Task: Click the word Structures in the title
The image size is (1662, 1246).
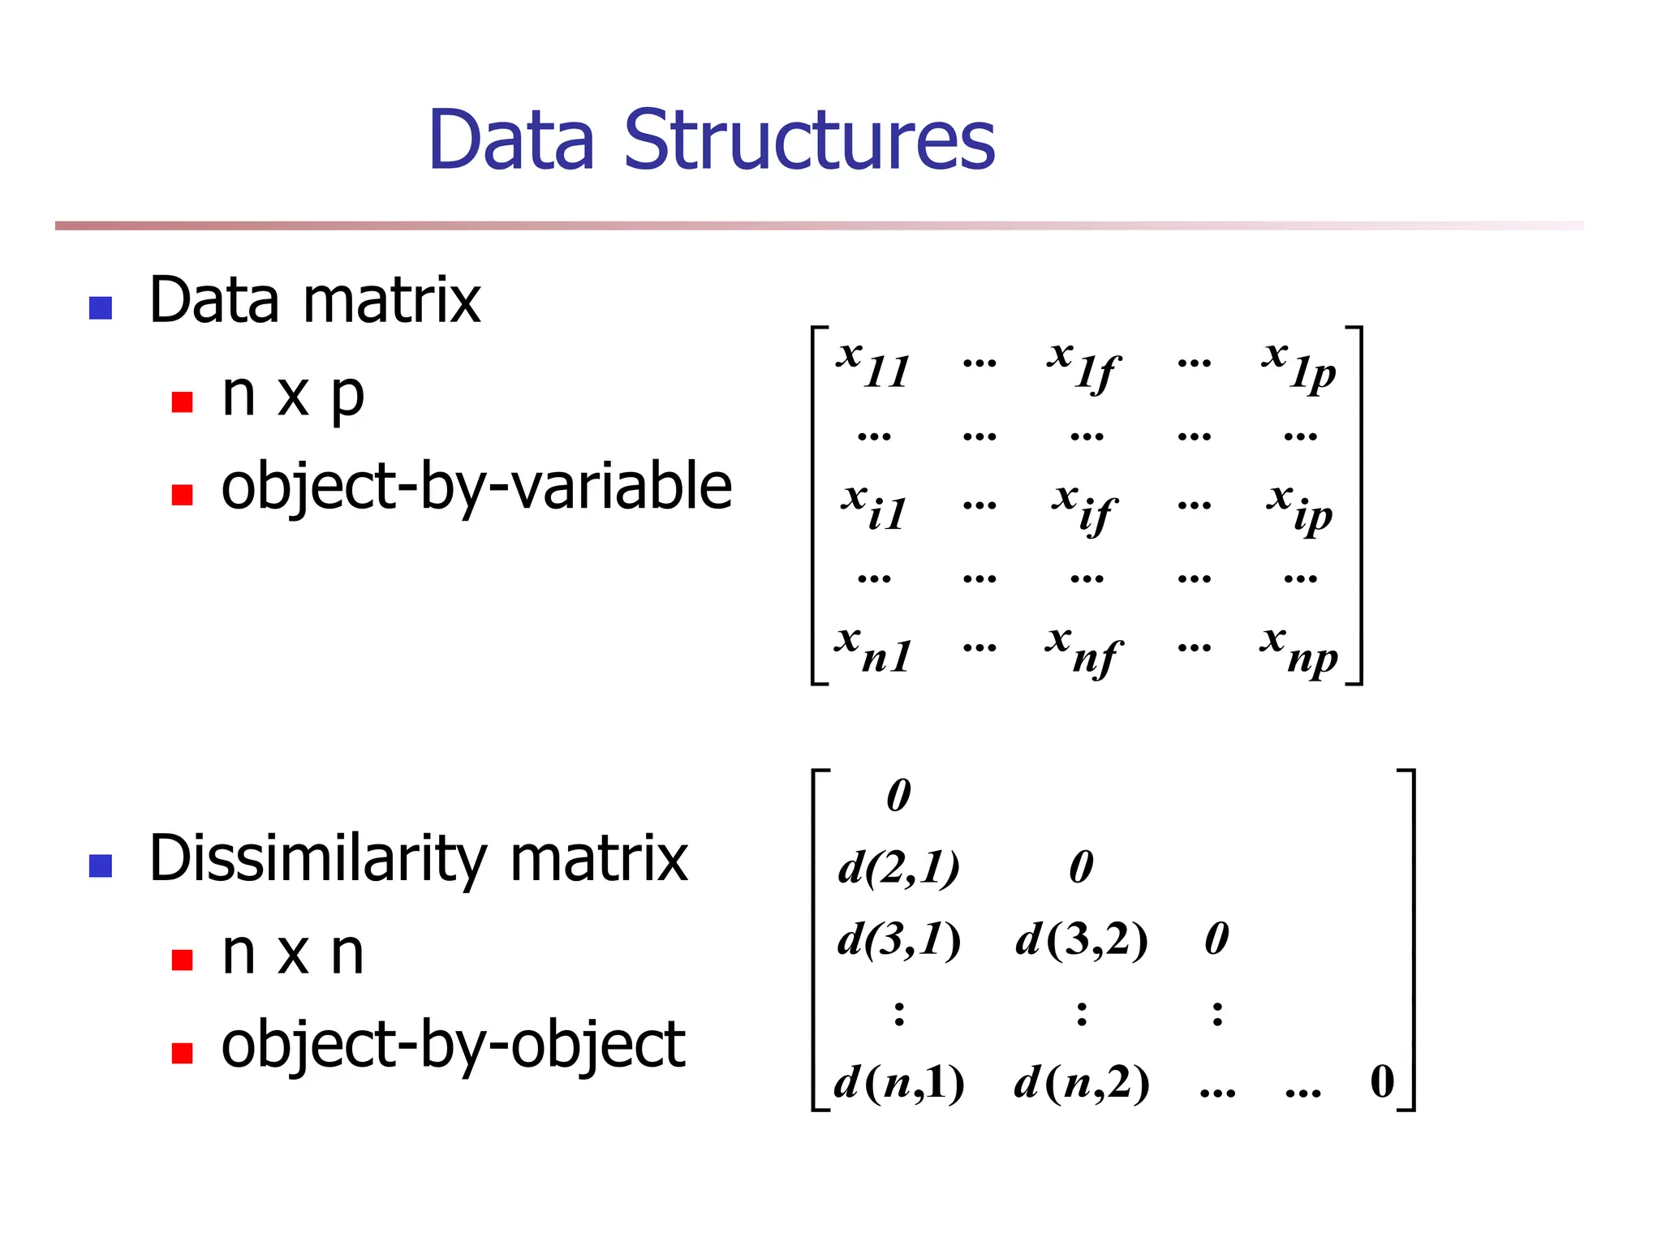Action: tap(808, 141)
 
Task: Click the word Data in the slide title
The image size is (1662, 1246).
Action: tap(511, 141)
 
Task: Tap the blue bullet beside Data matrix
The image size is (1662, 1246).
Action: tap(101, 308)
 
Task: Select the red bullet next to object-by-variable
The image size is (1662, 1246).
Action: tap(183, 495)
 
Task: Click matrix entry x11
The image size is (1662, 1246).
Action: tap(873, 365)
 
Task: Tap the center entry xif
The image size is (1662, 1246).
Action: tap(1084, 508)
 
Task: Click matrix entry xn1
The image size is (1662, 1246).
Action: tap(873, 649)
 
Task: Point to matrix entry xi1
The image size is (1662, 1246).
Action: tap(873, 508)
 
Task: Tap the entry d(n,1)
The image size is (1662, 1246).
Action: tap(899, 1082)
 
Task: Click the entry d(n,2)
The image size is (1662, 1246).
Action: tap(1082, 1082)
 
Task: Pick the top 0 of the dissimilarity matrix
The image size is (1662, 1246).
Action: tap(898, 795)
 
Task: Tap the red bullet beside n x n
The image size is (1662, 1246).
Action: tap(183, 960)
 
